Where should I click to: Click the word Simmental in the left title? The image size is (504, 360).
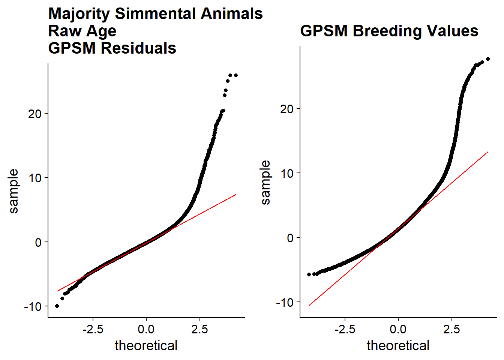click(x=155, y=14)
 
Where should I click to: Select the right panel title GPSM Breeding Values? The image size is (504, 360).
click(x=389, y=31)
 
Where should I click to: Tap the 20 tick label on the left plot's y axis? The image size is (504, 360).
click(x=35, y=114)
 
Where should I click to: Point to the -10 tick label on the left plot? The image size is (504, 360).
click(x=33, y=306)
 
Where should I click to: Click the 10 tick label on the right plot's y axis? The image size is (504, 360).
click(x=287, y=173)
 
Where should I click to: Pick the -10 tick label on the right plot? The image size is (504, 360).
click(x=285, y=302)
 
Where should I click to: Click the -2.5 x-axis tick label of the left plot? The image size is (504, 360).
click(x=93, y=329)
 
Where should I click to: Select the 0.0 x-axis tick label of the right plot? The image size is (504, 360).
click(x=398, y=329)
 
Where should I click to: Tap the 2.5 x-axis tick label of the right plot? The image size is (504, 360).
click(x=451, y=329)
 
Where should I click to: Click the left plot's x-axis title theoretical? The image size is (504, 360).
click(x=146, y=346)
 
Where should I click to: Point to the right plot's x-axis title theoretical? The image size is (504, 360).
click(x=398, y=346)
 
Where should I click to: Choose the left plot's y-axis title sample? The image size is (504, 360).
click(x=13, y=191)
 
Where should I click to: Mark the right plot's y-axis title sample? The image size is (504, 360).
click(x=265, y=182)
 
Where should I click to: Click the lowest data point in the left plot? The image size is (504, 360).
click(x=57, y=306)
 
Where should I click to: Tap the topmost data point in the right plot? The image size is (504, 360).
click(x=488, y=59)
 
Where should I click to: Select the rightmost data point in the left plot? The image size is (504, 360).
click(x=236, y=75)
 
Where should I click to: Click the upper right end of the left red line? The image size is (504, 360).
click(x=236, y=195)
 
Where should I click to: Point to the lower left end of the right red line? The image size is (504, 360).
click(x=309, y=306)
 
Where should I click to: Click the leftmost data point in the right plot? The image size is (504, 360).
click(x=309, y=274)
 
